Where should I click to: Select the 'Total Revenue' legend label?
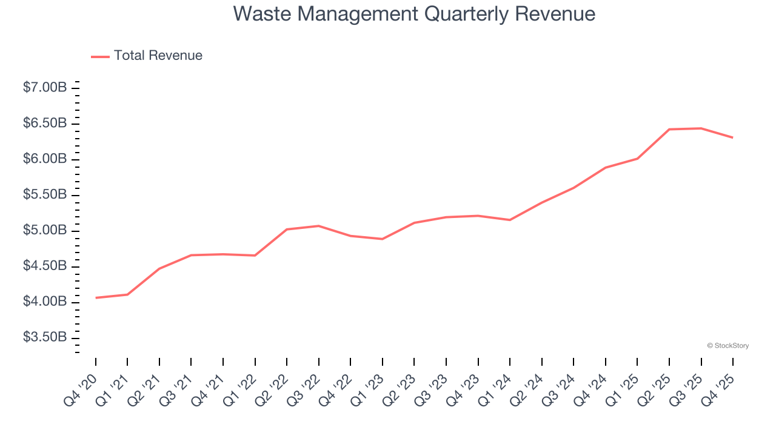click(x=158, y=56)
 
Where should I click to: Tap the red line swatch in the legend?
click(x=100, y=56)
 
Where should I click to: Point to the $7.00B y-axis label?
click(x=45, y=88)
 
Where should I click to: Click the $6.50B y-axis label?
click(x=45, y=124)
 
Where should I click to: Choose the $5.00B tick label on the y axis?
click(x=45, y=231)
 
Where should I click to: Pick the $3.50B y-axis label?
click(x=45, y=337)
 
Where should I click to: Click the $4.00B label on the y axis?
click(x=45, y=302)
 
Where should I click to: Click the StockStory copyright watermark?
click(x=727, y=346)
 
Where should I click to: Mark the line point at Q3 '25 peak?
click(x=701, y=128)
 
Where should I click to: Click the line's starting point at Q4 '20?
click(x=96, y=298)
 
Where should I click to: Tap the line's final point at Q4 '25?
click(x=732, y=137)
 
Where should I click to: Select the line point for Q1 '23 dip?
click(x=382, y=239)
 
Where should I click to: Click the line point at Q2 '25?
click(x=669, y=129)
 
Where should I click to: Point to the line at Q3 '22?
click(x=318, y=226)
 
